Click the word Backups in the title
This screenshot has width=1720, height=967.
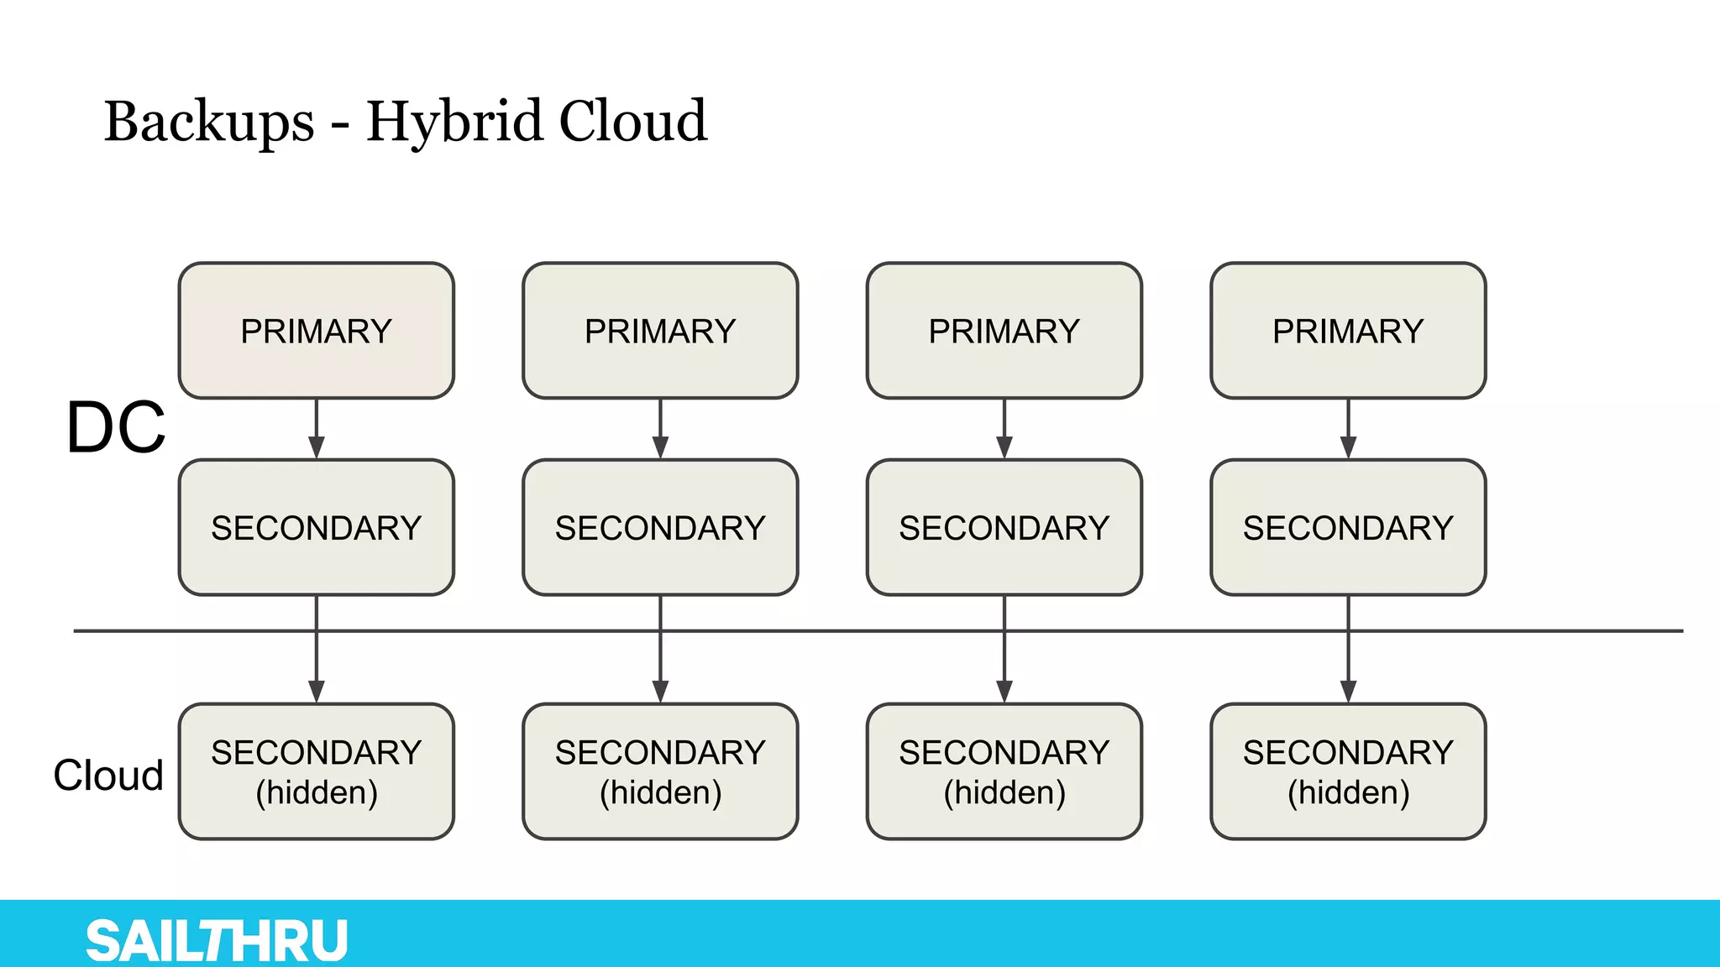pyautogui.click(x=209, y=122)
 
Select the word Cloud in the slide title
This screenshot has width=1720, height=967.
pyautogui.click(x=632, y=122)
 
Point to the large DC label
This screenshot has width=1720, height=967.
pyautogui.click(x=116, y=427)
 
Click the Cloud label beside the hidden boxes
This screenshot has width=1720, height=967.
pyautogui.click(x=108, y=775)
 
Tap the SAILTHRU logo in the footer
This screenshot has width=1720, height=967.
pyautogui.click(x=217, y=940)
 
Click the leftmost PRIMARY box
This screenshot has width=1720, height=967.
pyautogui.click(x=317, y=331)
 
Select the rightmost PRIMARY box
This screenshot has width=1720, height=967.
pyautogui.click(x=1348, y=331)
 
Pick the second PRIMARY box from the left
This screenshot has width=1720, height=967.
pyautogui.click(x=660, y=331)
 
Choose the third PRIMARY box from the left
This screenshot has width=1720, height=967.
pyautogui.click(x=1004, y=331)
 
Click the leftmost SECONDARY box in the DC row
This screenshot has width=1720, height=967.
pyautogui.click(x=317, y=527)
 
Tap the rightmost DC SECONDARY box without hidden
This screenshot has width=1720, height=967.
pyautogui.click(x=1348, y=527)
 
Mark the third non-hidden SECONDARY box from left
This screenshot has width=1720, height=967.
pyautogui.click(x=1004, y=527)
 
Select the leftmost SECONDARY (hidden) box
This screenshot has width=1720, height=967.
pyautogui.click(x=317, y=771)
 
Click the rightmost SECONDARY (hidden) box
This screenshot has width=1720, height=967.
pyautogui.click(x=1348, y=771)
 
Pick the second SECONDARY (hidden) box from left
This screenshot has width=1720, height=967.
pyautogui.click(x=660, y=771)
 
